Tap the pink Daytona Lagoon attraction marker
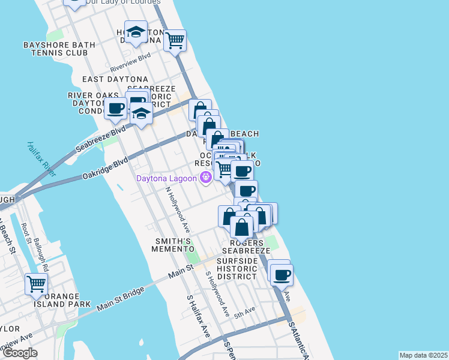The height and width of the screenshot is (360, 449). pyautogui.click(x=205, y=177)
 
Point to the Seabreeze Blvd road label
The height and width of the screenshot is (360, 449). pyautogui.click(x=101, y=139)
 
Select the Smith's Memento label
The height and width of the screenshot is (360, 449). pyautogui.click(x=173, y=245)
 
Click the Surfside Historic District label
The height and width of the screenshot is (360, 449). pyautogui.click(x=237, y=269)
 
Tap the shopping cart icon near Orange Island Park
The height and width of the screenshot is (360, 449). pyautogui.click(x=37, y=284)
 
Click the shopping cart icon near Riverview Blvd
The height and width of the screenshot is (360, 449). pyautogui.click(x=175, y=41)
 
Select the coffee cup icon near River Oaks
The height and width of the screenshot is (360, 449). pyautogui.click(x=115, y=109)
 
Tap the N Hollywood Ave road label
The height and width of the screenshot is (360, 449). pyautogui.click(x=178, y=210)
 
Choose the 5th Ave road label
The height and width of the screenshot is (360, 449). pyautogui.click(x=245, y=312)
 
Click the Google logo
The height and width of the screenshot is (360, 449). pyautogui.click(x=20, y=353)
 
